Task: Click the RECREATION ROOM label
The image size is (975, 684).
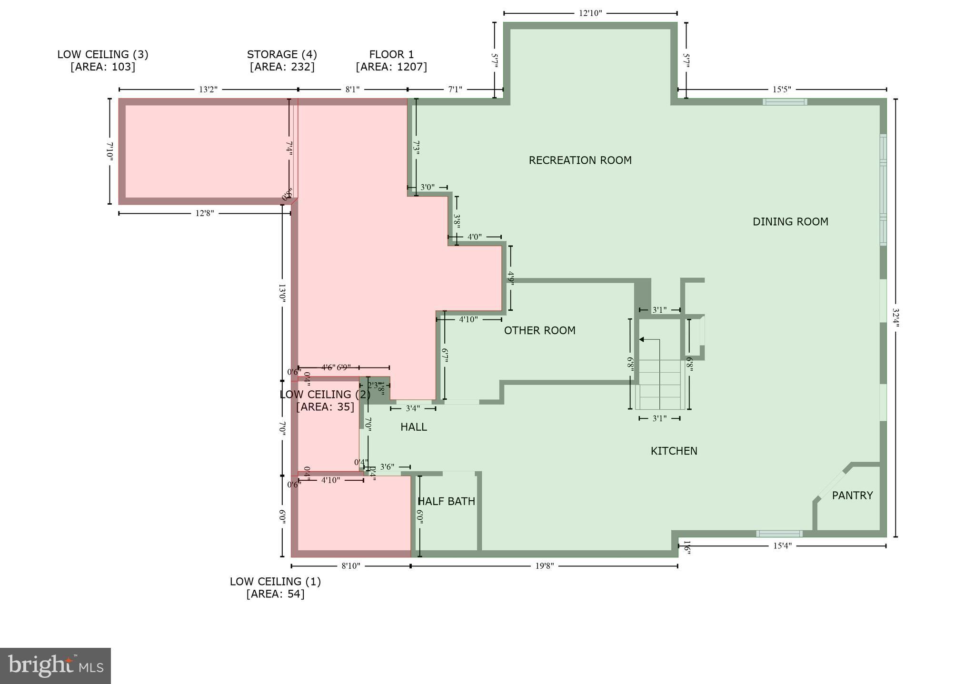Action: tap(580, 160)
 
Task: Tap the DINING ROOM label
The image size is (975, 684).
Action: tap(790, 222)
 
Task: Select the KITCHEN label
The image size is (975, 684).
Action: tap(674, 451)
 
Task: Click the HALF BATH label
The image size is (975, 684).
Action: tap(446, 502)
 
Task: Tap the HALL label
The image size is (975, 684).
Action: tap(413, 427)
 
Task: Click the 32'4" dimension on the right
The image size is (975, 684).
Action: tap(895, 317)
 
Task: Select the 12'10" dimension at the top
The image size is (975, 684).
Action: tap(590, 13)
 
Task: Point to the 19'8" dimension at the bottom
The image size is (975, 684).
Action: tap(544, 566)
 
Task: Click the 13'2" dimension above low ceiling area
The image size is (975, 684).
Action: tap(208, 89)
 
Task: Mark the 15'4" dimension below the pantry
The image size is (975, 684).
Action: tap(782, 546)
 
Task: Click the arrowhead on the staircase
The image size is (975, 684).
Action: tap(642, 339)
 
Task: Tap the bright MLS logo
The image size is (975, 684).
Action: tap(55, 665)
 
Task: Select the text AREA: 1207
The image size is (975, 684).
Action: tap(391, 67)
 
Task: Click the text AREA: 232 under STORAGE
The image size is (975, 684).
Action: tap(282, 67)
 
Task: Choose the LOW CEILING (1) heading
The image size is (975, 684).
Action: tap(275, 582)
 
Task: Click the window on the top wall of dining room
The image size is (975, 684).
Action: tap(785, 102)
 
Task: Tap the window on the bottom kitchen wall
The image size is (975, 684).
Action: tap(779, 534)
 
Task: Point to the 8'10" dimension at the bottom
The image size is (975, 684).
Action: tap(351, 566)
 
